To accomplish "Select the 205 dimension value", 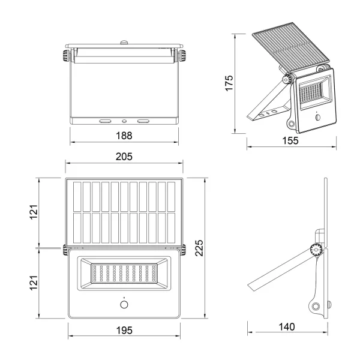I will [124, 156].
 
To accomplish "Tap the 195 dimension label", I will [124, 330].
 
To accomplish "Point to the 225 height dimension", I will [199, 247].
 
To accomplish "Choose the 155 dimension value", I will [291, 140].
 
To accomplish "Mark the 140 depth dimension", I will [287, 327].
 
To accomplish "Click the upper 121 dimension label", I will [34, 211].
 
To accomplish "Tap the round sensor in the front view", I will [124, 305].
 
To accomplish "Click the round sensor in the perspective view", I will [317, 118].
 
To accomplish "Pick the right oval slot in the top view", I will [143, 120].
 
